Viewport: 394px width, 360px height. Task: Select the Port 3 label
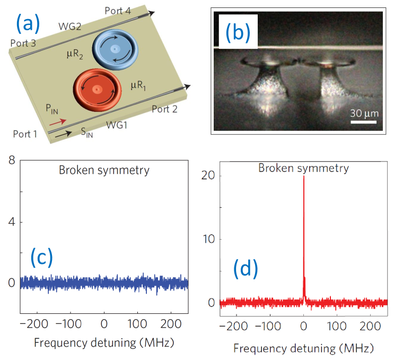pyautogui.click(x=22, y=43)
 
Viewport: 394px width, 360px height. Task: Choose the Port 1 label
pyautogui.click(x=23, y=134)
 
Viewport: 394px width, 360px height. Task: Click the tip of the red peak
pyautogui.click(x=303, y=177)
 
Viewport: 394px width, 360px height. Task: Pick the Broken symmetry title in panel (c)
pyautogui.click(x=104, y=170)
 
